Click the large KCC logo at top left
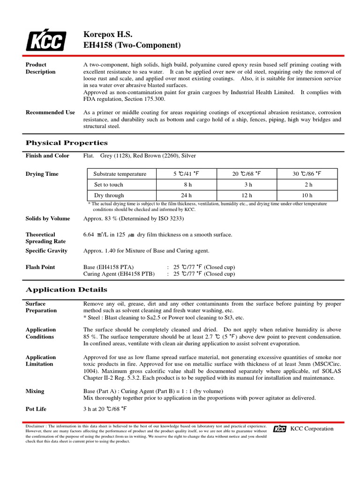45,40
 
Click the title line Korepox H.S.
108,35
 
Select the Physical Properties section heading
67,143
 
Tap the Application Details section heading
66,290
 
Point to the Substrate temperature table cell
120,174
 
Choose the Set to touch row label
109,185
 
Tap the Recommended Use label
50,112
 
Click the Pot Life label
36,409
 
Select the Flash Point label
40,267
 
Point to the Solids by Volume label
48,218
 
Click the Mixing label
35,391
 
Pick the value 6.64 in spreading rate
89,234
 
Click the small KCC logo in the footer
280,429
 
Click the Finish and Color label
47,156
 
